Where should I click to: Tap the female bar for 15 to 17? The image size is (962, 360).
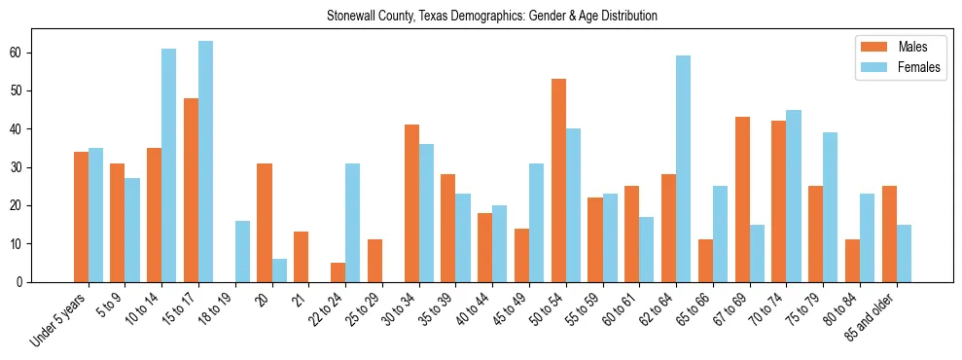[205, 162]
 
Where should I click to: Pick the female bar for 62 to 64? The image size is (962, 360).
[683, 169]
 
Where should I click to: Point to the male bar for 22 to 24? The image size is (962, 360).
[338, 272]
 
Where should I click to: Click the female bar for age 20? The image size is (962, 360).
[279, 270]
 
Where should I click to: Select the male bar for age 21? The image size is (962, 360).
[301, 257]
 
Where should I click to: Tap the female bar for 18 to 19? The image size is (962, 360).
[242, 251]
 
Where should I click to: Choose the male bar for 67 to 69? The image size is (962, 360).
[742, 199]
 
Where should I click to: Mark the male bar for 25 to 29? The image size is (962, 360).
[374, 261]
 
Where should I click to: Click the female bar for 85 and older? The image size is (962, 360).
[904, 253]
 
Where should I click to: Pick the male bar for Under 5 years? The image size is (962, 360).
[81, 217]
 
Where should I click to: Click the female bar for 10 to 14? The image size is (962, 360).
[168, 165]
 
